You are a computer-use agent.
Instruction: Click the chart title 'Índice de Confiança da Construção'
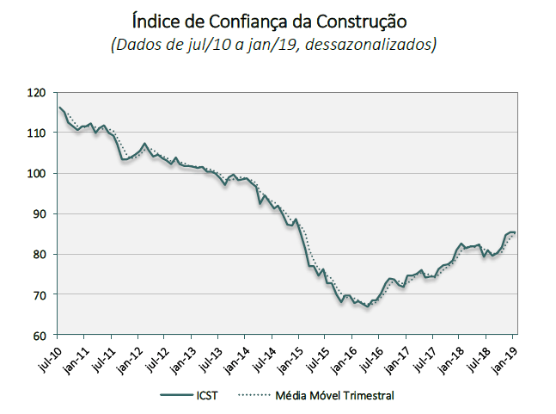(278, 18)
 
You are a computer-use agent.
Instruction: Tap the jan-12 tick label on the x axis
(128, 355)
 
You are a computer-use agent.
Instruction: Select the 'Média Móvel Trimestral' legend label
(335, 395)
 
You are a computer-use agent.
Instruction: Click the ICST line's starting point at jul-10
(58, 108)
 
